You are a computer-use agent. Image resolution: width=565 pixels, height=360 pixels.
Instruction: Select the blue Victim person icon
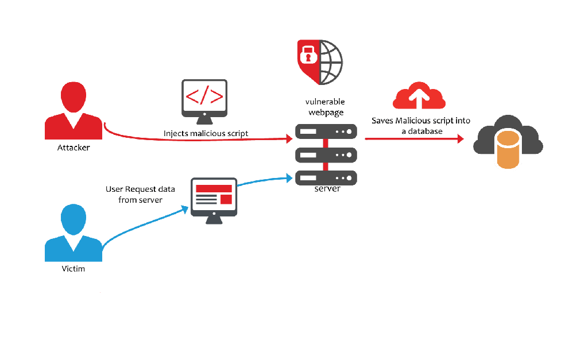click(73, 233)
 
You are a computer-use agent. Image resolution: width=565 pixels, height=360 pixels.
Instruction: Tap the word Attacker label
click(73, 148)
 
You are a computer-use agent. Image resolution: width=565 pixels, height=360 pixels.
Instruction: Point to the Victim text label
click(73, 269)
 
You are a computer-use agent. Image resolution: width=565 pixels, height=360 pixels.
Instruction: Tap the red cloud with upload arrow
click(419, 96)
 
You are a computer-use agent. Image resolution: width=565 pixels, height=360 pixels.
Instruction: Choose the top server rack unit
click(326, 131)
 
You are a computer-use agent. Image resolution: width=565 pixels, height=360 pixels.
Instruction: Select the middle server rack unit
click(326, 154)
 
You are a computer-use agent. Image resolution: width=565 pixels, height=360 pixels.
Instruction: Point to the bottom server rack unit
click(326, 177)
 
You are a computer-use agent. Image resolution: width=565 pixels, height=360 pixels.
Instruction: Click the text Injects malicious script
click(206, 133)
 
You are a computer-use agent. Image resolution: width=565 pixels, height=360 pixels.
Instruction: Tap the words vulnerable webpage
click(325, 106)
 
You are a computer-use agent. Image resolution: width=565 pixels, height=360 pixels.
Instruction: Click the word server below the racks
click(327, 189)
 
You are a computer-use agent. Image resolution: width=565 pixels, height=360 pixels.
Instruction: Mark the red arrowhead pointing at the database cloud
click(460, 138)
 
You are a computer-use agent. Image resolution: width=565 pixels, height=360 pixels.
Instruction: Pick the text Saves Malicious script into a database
click(421, 126)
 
